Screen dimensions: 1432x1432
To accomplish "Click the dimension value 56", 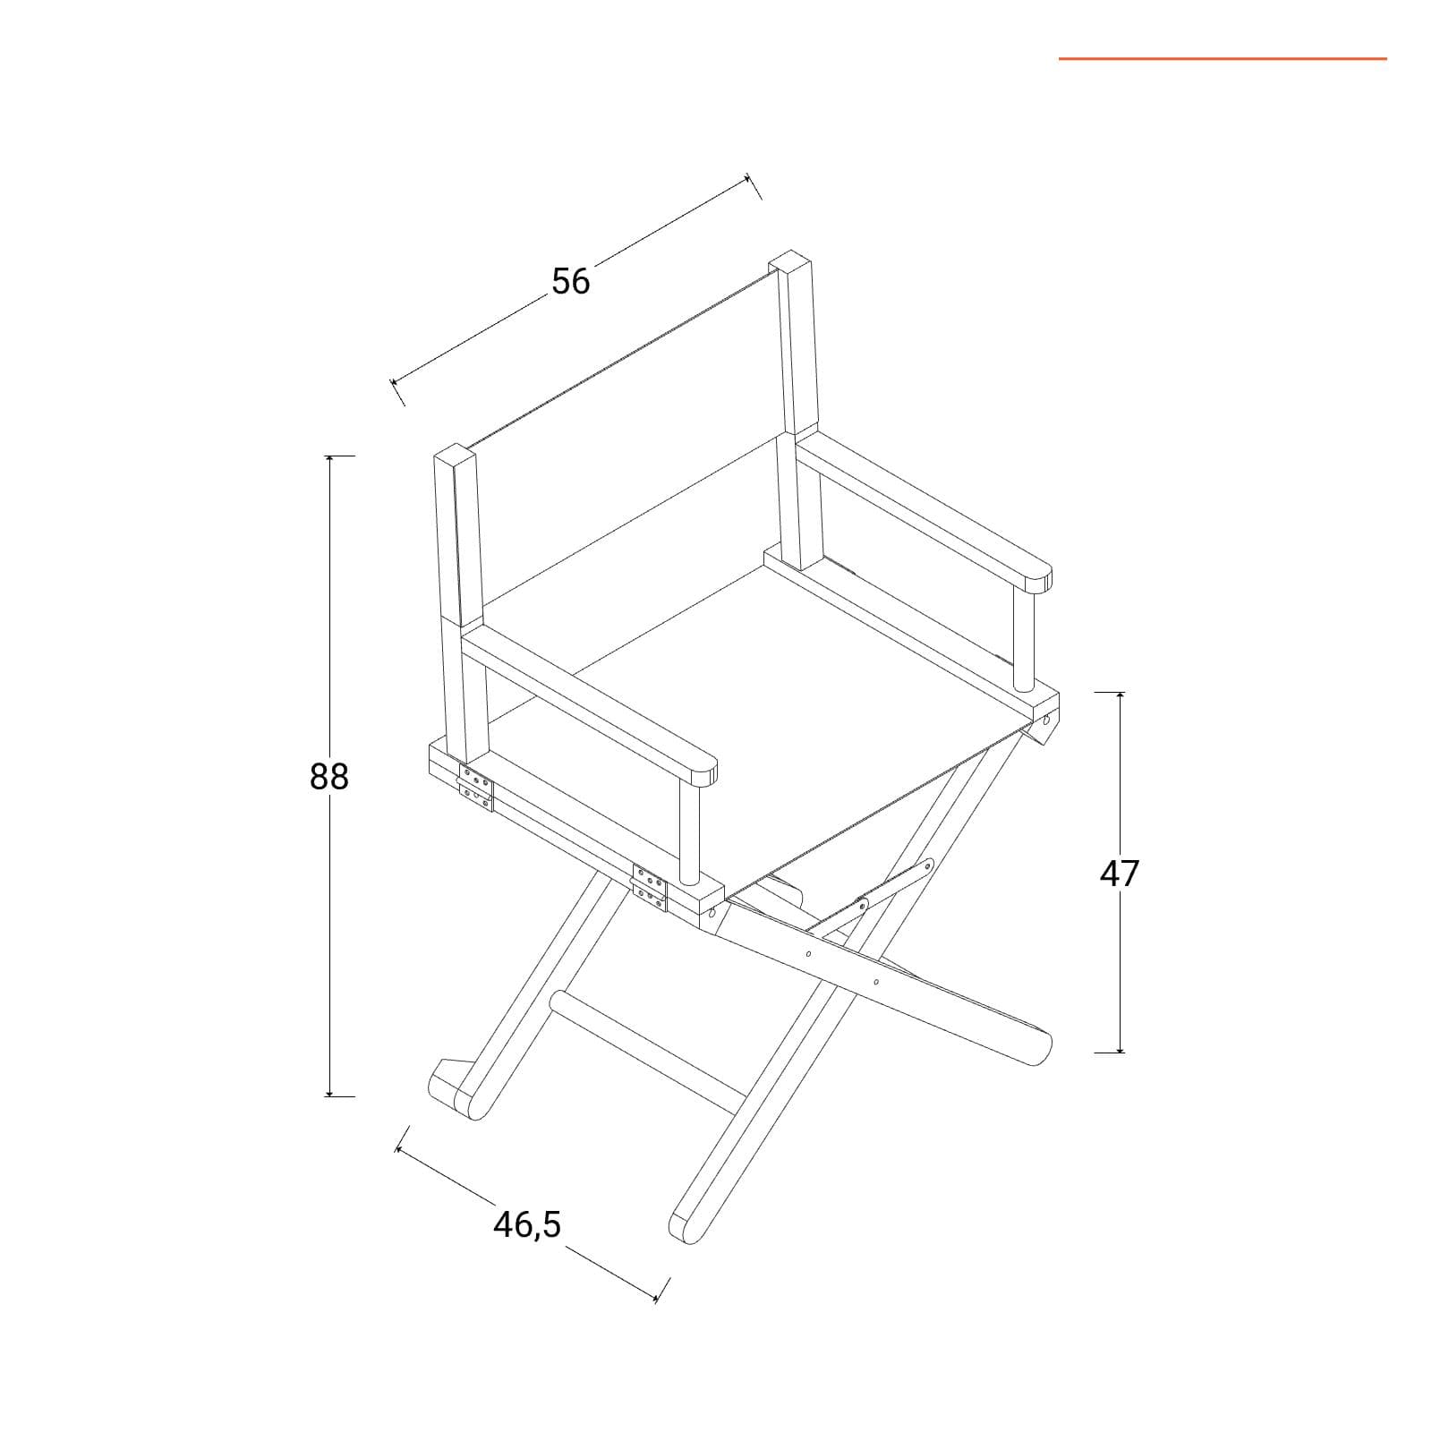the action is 571,281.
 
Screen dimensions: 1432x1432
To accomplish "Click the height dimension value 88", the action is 328,776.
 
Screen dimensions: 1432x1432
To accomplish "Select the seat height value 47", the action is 1120,873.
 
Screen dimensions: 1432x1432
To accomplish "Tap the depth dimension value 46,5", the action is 527,1224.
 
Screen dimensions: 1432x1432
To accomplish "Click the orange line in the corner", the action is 1223,59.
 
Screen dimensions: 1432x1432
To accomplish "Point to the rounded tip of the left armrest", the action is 703,768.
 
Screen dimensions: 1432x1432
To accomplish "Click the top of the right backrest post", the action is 790,261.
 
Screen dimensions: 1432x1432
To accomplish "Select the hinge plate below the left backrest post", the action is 475,788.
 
